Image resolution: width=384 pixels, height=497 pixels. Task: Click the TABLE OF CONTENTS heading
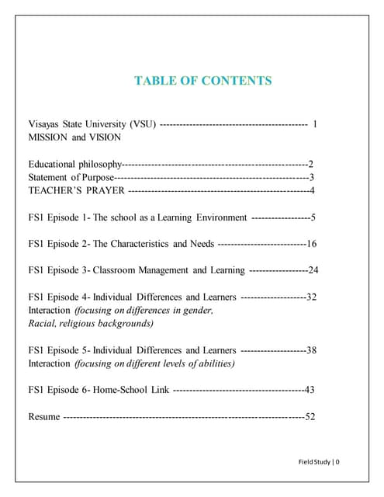(202, 80)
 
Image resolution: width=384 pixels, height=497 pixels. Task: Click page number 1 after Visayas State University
(315, 123)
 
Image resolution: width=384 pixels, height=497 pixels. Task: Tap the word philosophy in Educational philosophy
(99, 164)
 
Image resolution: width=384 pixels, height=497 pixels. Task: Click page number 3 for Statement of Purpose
(311, 177)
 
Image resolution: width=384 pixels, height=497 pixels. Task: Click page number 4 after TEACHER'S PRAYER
(311, 190)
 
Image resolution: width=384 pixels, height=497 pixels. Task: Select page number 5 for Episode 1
(313, 217)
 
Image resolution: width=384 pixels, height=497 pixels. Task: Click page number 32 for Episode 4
(311, 297)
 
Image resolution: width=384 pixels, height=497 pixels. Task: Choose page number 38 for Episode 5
(311, 350)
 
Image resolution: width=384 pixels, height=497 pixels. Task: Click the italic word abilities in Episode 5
(216, 363)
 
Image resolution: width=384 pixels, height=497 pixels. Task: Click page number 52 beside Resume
(310, 417)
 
